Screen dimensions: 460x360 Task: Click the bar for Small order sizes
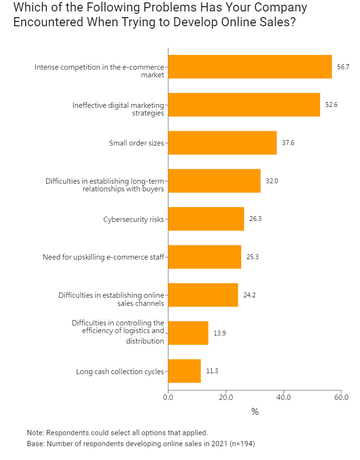pos(222,143)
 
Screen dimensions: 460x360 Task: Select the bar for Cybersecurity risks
pos(206,219)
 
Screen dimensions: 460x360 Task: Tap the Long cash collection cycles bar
pos(185,371)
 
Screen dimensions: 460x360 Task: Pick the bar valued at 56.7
pos(250,67)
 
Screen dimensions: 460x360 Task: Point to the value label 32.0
pos(272,181)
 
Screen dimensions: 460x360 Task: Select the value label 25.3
pos(253,257)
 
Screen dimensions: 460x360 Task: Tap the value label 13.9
pos(220,333)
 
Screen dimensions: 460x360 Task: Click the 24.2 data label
pos(249,295)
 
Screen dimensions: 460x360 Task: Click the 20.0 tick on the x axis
pos(226,397)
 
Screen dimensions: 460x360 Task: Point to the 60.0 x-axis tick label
pos(341,397)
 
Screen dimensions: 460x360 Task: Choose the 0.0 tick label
pos(168,397)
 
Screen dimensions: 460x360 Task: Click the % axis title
pos(255,411)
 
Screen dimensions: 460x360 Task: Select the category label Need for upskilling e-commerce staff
pos(103,257)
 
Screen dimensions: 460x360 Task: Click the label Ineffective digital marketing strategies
pos(118,109)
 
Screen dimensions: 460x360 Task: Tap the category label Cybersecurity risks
pos(134,219)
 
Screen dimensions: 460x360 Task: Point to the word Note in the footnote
pos(35,433)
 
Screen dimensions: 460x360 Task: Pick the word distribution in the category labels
pos(145,341)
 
